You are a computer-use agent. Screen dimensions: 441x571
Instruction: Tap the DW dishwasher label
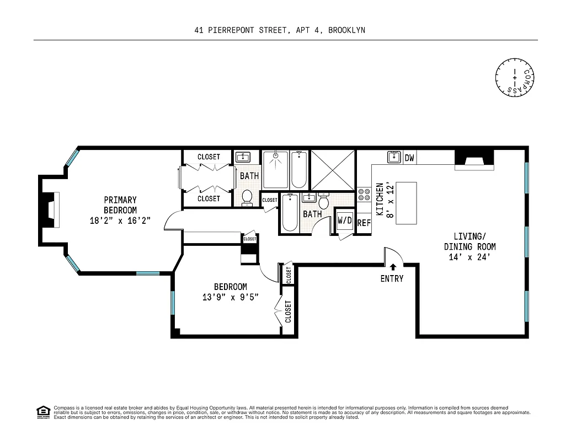click(x=409, y=158)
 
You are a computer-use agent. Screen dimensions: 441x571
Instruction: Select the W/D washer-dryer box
click(x=345, y=220)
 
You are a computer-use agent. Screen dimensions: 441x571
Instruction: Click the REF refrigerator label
click(x=364, y=223)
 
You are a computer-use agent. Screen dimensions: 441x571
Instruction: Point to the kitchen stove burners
click(x=364, y=194)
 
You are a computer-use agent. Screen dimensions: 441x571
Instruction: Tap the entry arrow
click(x=392, y=267)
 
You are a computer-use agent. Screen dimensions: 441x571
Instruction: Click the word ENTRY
click(x=392, y=279)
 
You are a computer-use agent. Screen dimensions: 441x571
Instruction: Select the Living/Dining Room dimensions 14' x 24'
click(x=470, y=257)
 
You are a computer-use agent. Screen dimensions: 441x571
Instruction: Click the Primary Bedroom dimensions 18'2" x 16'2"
click(x=120, y=220)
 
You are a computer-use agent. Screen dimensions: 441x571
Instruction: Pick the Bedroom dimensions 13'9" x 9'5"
click(x=230, y=297)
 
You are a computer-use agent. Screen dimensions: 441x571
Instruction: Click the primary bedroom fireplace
click(x=50, y=210)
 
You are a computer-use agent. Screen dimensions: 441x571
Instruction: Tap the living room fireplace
click(x=474, y=159)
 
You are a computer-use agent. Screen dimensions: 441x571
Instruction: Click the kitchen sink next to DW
click(x=394, y=158)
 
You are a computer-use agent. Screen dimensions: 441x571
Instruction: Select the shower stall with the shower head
click(x=275, y=170)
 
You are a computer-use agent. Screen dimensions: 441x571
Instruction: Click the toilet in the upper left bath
click(x=247, y=197)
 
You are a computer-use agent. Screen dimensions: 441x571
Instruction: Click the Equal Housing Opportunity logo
click(x=42, y=412)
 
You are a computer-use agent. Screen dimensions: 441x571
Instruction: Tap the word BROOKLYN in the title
click(x=346, y=30)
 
